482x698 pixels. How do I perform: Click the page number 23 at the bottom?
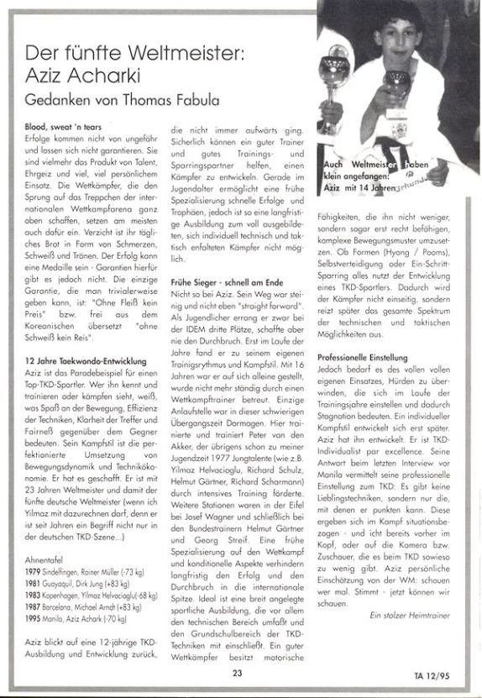click(x=238, y=671)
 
